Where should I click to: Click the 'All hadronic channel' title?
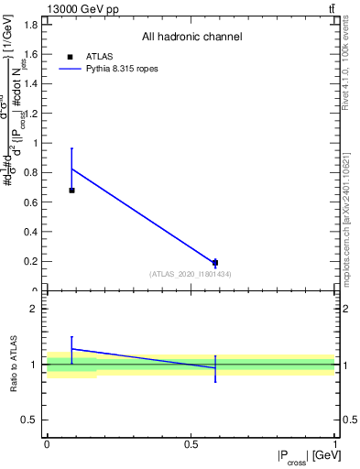[x=191, y=38]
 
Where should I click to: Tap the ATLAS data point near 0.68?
[x=71, y=190]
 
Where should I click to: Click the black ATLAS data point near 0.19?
[x=215, y=263]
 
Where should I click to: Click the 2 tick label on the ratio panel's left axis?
[x=37, y=309]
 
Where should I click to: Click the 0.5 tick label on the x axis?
[x=191, y=444]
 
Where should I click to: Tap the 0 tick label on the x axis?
[x=47, y=444]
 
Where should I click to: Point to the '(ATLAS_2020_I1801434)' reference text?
[x=191, y=274]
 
